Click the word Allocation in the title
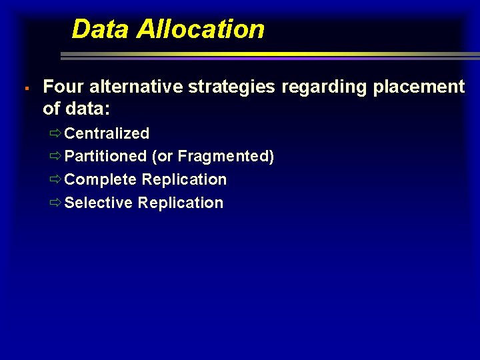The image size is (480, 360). pyautogui.click(x=200, y=29)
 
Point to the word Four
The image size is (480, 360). pyautogui.click(x=63, y=87)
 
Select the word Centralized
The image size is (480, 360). pyautogui.click(x=107, y=133)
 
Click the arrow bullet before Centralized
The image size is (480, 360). pyautogui.click(x=55, y=133)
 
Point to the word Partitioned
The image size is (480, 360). pyautogui.click(x=106, y=157)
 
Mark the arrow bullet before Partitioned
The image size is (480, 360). pyautogui.click(x=55, y=157)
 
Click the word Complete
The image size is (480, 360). pyautogui.click(x=101, y=180)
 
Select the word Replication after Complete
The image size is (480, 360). pyautogui.click(x=185, y=180)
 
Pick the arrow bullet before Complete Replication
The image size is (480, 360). pyautogui.click(x=55, y=180)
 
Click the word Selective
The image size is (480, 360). pyautogui.click(x=99, y=203)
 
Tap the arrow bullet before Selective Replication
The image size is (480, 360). pyautogui.click(x=55, y=203)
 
